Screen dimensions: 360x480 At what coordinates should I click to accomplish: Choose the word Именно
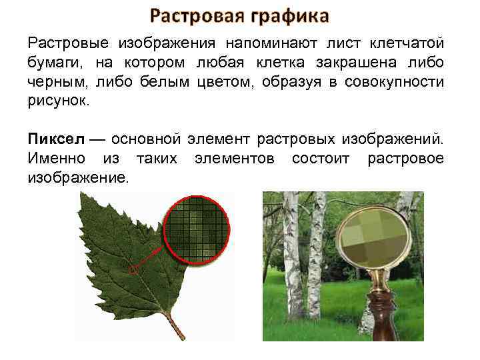56,159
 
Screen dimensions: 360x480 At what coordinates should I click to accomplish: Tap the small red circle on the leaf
133,269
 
